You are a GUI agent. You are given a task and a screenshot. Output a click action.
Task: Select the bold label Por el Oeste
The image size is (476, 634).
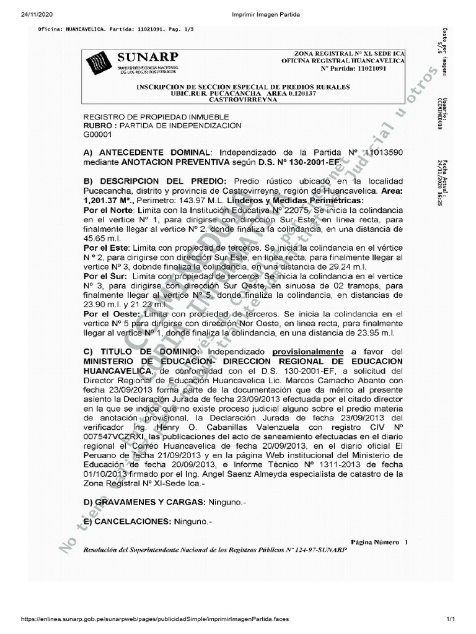(106, 315)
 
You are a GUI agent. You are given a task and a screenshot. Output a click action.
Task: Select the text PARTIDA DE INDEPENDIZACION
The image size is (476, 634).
(180, 126)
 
